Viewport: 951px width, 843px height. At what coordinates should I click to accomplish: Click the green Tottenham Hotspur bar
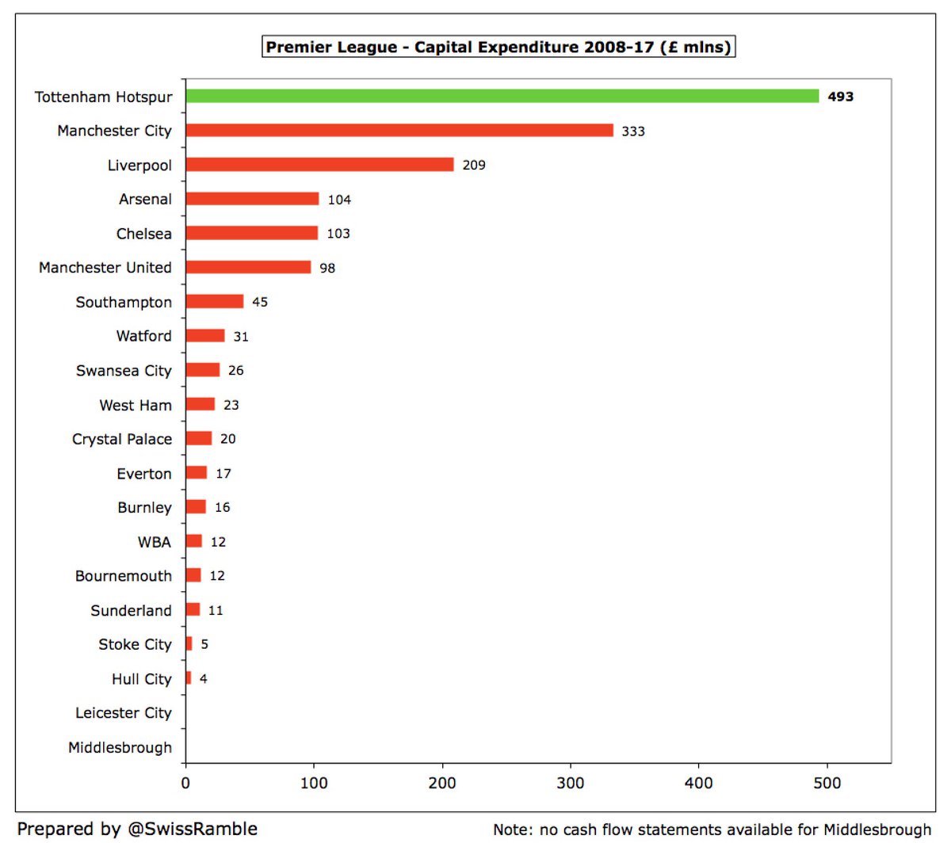502,96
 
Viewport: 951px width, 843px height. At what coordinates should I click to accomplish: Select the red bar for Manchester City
399,130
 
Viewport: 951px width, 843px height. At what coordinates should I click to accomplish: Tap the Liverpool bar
319,165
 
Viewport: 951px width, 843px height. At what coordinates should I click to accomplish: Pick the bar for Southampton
215,302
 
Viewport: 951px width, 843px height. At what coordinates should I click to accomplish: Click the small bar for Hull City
189,678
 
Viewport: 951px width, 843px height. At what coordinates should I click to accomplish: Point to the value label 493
840,97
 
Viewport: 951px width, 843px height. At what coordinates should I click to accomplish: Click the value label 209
474,165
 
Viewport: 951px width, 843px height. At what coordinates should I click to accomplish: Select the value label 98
327,268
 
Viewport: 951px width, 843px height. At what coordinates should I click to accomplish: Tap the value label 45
260,302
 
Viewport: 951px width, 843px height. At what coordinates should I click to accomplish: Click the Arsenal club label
145,199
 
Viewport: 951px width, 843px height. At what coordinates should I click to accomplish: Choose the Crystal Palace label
122,439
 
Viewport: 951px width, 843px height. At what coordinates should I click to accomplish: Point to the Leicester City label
124,713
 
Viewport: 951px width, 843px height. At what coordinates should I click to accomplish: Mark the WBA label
155,542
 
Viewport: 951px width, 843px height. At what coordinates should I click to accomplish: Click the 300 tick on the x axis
571,783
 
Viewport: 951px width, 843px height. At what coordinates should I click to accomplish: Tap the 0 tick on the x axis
185,783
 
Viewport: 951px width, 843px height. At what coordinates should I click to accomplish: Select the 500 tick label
827,783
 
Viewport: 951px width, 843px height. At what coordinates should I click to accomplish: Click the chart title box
498,47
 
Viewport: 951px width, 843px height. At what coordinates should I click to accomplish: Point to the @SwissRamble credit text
137,829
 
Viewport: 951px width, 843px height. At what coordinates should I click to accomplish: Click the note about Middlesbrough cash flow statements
712,830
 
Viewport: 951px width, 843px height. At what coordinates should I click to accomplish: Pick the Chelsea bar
252,233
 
